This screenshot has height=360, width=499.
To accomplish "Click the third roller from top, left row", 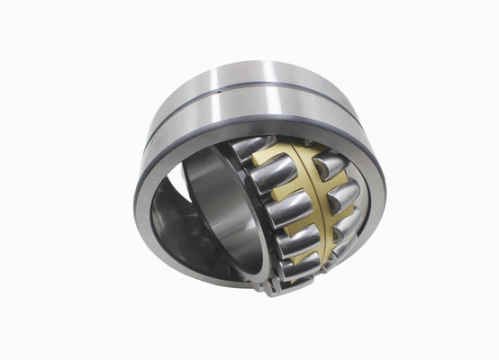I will coord(286,209).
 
